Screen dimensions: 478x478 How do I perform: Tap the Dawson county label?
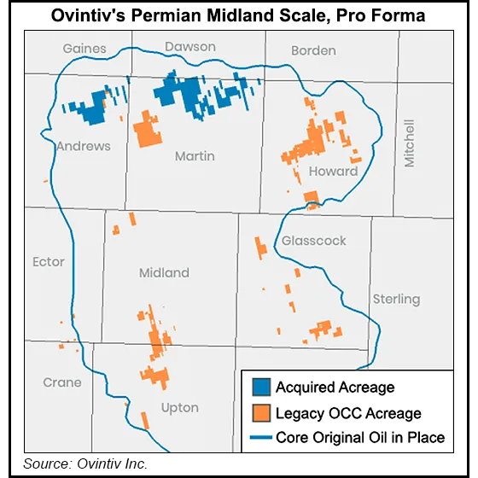tap(190, 47)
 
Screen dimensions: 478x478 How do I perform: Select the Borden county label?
tap(313, 51)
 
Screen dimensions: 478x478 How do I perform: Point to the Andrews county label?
tap(84, 146)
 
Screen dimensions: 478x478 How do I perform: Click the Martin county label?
tap(195, 156)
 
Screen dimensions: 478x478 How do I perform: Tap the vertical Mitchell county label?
tap(410, 143)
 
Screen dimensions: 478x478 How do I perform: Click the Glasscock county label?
tap(314, 241)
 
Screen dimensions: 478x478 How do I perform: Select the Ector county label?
tap(48, 261)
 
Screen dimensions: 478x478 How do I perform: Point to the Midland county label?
tap(164, 273)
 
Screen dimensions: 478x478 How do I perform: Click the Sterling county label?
tap(396, 299)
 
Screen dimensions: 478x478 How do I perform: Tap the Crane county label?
tap(62, 382)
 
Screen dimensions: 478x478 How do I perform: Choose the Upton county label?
tap(180, 408)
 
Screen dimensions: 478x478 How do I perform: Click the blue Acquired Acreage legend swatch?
tap(259, 388)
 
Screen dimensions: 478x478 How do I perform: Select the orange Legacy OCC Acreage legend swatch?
tap(259, 413)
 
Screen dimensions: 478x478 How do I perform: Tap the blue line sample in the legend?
tap(259, 438)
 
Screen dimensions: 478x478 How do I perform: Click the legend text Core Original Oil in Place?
tap(359, 438)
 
